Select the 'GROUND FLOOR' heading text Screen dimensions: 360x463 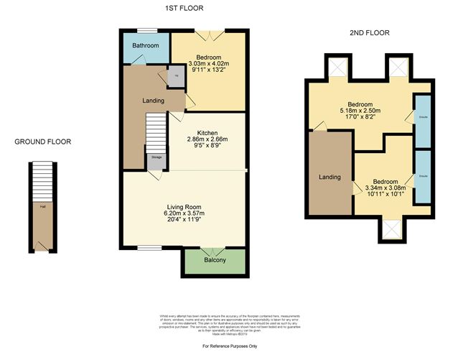click(43, 142)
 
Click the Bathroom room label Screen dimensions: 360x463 click(144, 45)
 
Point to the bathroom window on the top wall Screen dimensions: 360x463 click(146, 29)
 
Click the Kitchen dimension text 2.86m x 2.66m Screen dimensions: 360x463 click(207, 139)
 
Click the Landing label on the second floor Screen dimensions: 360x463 click(330, 177)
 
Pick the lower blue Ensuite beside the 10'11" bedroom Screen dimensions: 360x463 click(423, 175)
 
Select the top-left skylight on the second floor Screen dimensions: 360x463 click(338, 68)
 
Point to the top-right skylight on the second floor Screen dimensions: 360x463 click(397, 68)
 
